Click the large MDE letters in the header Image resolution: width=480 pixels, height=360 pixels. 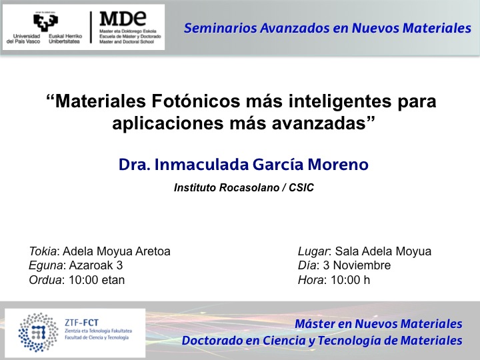point(123,19)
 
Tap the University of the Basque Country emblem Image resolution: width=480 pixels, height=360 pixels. point(45,21)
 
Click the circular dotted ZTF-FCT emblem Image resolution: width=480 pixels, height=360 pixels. point(38,333)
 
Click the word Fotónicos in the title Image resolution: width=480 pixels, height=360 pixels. point(195,101)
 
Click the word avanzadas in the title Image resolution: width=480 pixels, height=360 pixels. point(319,123)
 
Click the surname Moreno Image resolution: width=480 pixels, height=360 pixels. point(337,165)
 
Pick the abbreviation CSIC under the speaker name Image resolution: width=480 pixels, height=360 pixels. point(301,187)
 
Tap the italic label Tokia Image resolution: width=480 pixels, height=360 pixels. point(43,251)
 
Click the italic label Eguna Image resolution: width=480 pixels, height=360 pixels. point(46,266)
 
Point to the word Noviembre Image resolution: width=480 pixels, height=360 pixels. point(362,265)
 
